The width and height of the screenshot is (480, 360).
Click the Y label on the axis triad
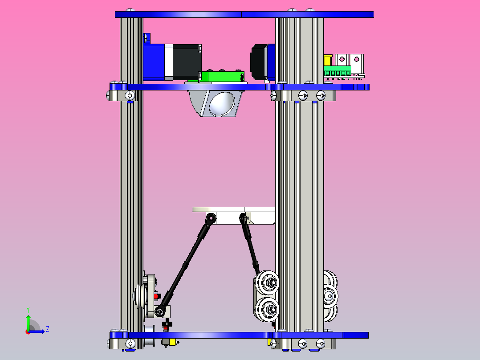point(28,309)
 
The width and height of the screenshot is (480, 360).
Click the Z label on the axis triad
point(47,329)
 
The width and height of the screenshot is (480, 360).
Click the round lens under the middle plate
point(222,103)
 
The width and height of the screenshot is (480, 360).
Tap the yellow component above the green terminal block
point(328,60)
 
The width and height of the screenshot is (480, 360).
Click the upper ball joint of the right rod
point(243,218)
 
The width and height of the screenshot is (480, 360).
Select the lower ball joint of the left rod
point(163,310)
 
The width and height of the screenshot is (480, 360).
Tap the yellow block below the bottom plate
point(269,342)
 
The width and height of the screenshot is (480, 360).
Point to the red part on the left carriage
point(156,295)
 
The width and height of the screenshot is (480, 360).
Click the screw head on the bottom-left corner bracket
point(130,343)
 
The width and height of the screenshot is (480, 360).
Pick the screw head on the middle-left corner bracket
point(130,95)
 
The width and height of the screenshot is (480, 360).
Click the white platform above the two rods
point(234,209)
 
